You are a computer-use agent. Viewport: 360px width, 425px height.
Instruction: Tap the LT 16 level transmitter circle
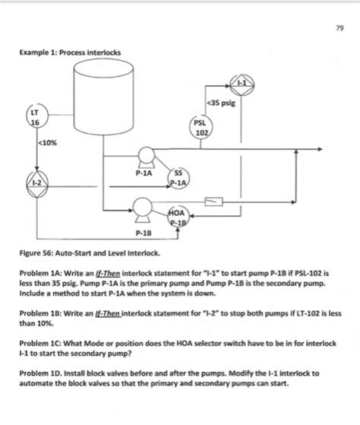pyautogui.click(x=35, y=119)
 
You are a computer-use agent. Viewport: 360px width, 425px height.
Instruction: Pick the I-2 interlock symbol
pyautogui.click(x=35, y=183)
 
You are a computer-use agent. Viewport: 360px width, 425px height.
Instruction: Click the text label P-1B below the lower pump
pyautogui.click(x=142, y=233)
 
